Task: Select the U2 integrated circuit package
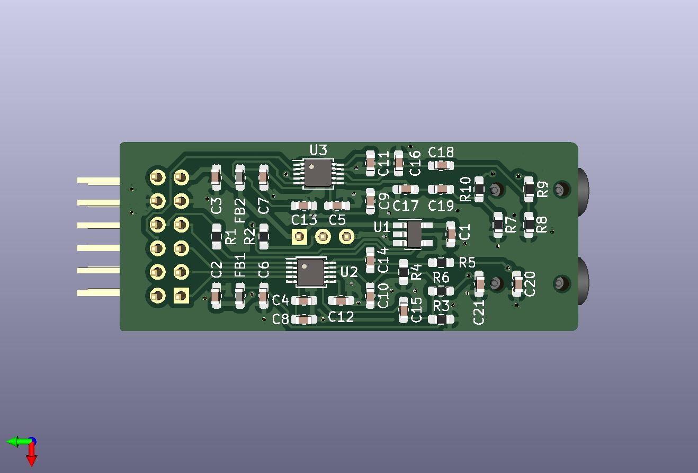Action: [310, 273]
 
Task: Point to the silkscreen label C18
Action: [441, 152]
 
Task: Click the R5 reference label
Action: [467, 263]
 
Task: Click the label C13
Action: [304, 220]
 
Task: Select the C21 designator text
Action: [479, 311]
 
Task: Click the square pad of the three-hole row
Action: [299, 237]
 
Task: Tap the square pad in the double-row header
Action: [181, 296]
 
